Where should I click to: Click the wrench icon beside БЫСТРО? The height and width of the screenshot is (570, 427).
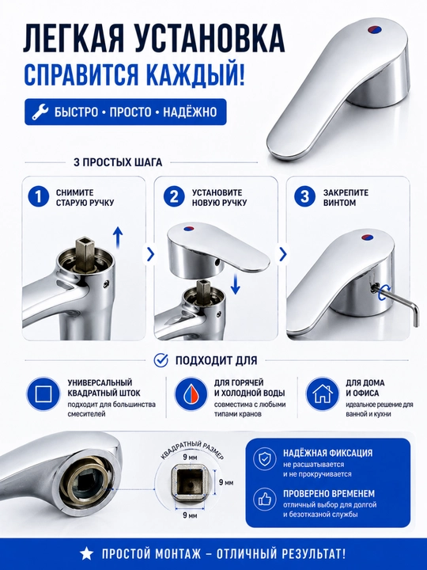point(40,112)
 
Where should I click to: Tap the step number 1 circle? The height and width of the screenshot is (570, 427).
point(38,197)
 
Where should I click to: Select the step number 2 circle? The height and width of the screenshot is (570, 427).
point(174,197)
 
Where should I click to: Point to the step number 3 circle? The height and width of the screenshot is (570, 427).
point(305,197)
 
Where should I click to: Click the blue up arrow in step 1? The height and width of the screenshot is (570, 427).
point(118,237)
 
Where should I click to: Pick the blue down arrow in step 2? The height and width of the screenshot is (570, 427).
point(236,284)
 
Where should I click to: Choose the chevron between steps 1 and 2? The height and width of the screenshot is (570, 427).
point(150,254)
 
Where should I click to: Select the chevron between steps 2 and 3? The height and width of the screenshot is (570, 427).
point(283,254)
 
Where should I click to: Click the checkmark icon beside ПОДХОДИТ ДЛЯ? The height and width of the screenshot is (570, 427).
point(161,360)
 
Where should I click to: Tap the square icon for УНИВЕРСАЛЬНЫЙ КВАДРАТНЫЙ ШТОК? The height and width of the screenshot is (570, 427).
point(43,394)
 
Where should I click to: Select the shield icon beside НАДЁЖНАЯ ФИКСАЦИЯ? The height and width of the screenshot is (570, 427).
point(264,459)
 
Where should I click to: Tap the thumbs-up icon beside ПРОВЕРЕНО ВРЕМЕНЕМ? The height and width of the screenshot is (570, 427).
point(264,500)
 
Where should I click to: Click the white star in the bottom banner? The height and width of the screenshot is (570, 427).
point(86,554)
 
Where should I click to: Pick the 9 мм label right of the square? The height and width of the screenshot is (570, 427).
point(226,483)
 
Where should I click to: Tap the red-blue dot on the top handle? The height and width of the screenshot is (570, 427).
point(374,29)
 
